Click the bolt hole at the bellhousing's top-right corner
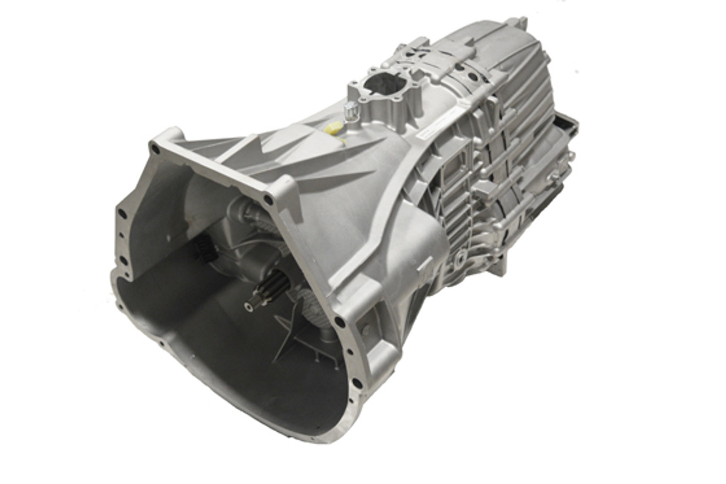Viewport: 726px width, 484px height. (x=268, y=200)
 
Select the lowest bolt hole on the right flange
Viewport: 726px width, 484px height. (x=357, y=382)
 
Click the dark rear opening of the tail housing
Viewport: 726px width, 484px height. (x=564, y=122)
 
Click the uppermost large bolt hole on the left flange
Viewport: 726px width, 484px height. (x=123, y=214)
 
